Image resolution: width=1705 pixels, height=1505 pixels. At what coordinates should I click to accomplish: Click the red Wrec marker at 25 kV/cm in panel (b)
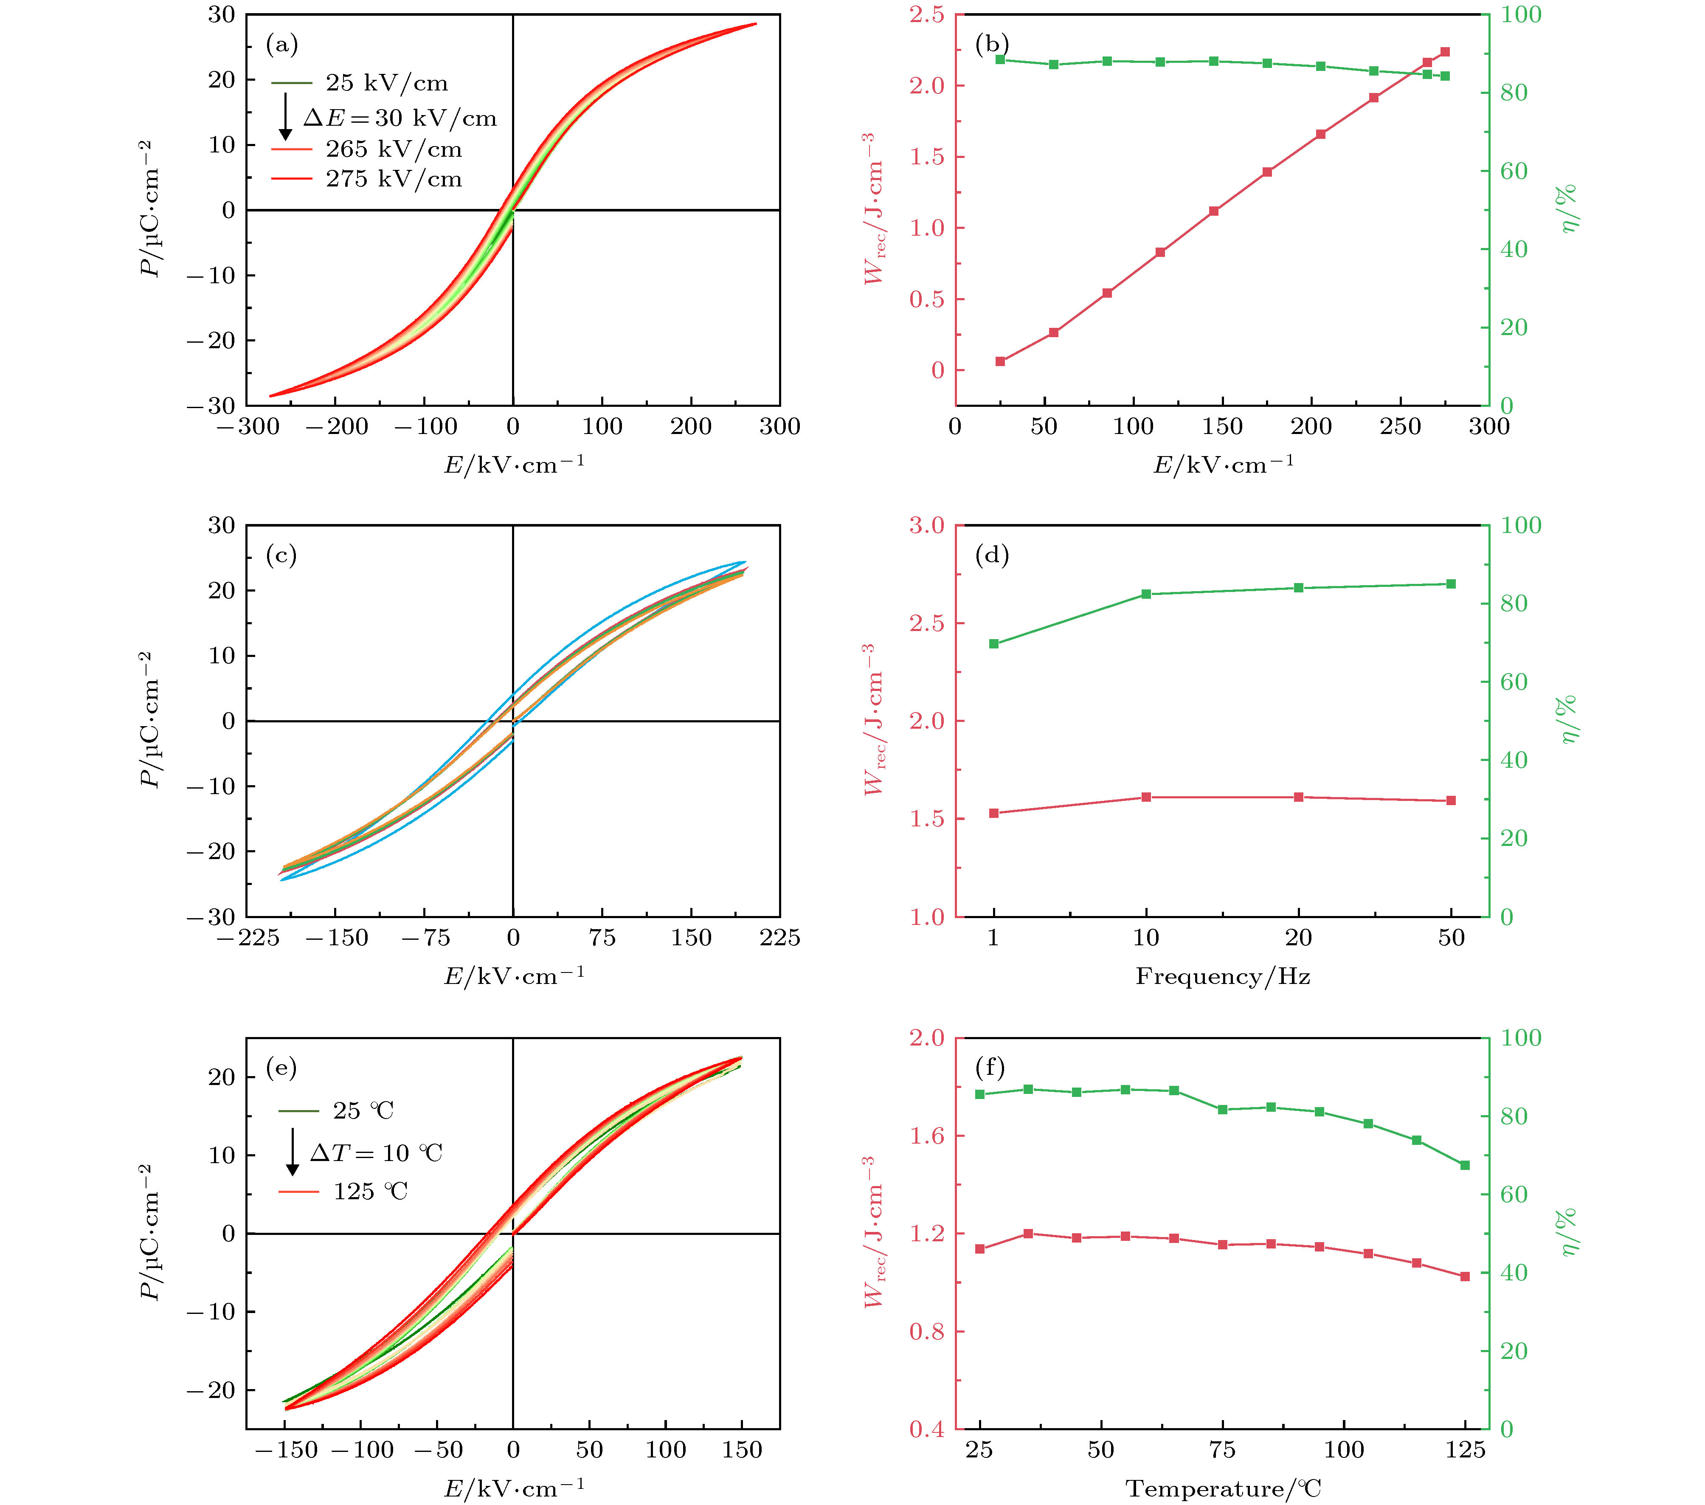click(x=1000, y=361)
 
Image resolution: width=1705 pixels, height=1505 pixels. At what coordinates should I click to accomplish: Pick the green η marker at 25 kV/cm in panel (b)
click(x=1000, y=59)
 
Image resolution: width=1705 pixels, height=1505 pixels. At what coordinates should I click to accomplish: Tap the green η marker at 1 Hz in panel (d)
click(x=993, y=643)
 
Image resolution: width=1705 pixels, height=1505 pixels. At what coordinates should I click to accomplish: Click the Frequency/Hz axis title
click(x=1222, y=976)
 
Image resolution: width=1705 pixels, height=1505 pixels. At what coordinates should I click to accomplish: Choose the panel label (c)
click(x=281, y=555)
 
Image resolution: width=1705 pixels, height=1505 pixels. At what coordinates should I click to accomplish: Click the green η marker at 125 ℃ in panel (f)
click(x=1465, y=1164)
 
